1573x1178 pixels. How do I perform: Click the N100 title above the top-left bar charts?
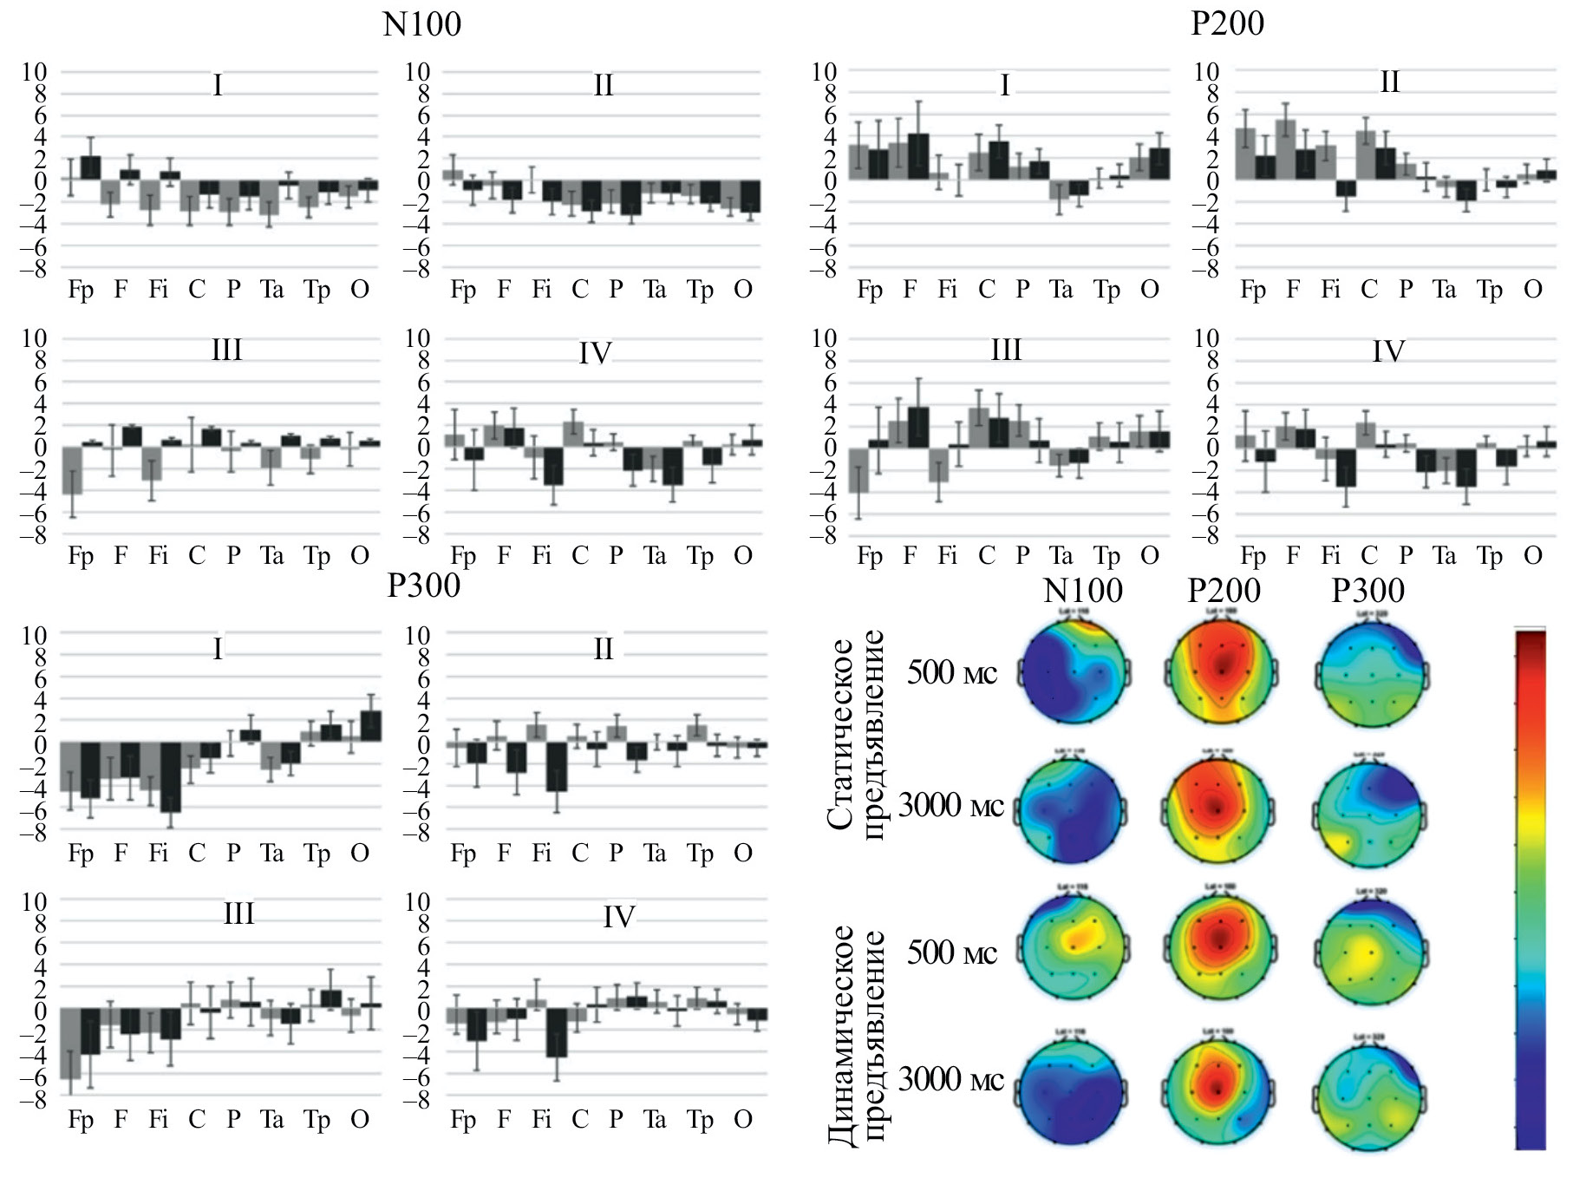point(421,23)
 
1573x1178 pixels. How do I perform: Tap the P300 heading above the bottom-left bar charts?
point(423,586)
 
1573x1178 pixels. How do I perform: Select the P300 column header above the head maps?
point(1367,591)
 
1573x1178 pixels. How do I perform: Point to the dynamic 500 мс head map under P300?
point(1368,952)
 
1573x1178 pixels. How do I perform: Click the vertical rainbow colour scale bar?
point(1531,889)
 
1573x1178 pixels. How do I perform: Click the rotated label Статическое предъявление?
point(855,733)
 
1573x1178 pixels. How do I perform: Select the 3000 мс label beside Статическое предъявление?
point(951,806)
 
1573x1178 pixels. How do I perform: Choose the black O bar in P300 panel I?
point(370,726)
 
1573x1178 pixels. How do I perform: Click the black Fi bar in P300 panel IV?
point(556,1032)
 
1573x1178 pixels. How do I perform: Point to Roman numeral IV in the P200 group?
point(1388,352)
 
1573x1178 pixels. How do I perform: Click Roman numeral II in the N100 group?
point(603,85)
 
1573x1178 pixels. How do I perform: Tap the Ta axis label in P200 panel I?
point(1061,290)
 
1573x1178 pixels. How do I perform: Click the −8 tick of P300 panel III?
point(35,1100)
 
